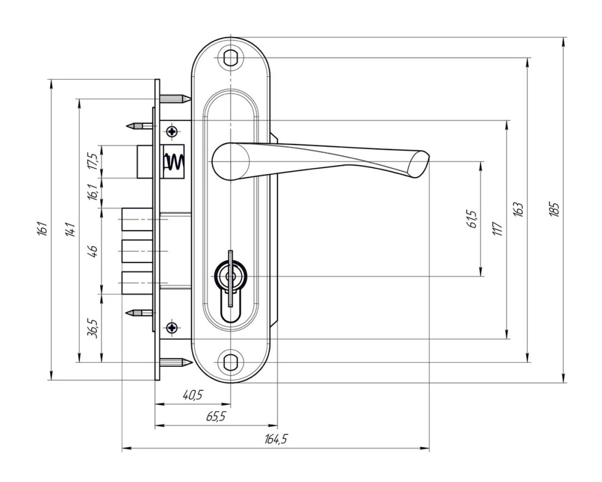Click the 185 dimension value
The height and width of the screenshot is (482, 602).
(x=554, y=209)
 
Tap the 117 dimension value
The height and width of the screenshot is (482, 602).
(x=498, y=229)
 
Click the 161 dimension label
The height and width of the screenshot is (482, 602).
(x=41, y=229)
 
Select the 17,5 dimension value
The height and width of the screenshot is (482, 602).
(x=93, y=161)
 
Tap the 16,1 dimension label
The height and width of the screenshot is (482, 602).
(x=93, y=193)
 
